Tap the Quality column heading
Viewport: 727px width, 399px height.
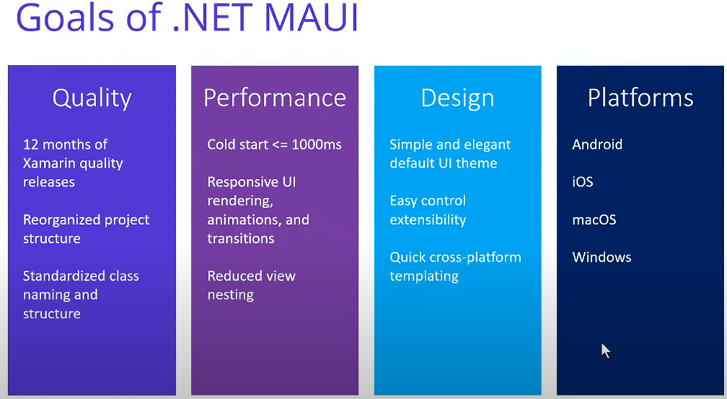pos(92,98)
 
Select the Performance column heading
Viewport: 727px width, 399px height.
pos(274,98)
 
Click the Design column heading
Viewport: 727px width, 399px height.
pos(458,98)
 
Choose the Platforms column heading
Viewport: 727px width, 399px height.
pos(640,98)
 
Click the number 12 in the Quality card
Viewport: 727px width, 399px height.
pos(31,145)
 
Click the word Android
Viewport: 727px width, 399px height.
pos(597,145)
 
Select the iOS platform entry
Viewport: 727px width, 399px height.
pos(583,182)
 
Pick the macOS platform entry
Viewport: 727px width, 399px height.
pos(594,220)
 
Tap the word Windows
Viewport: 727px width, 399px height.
pos(602,258)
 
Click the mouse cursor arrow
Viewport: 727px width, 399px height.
pos(605,350)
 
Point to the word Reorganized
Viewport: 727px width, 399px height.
pos(63,220)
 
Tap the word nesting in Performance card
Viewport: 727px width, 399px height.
pos(230,295)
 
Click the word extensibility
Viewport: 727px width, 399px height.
pos(428,220)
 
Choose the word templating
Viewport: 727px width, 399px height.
pos(424,276)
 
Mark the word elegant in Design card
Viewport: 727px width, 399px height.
pos(487,145)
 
